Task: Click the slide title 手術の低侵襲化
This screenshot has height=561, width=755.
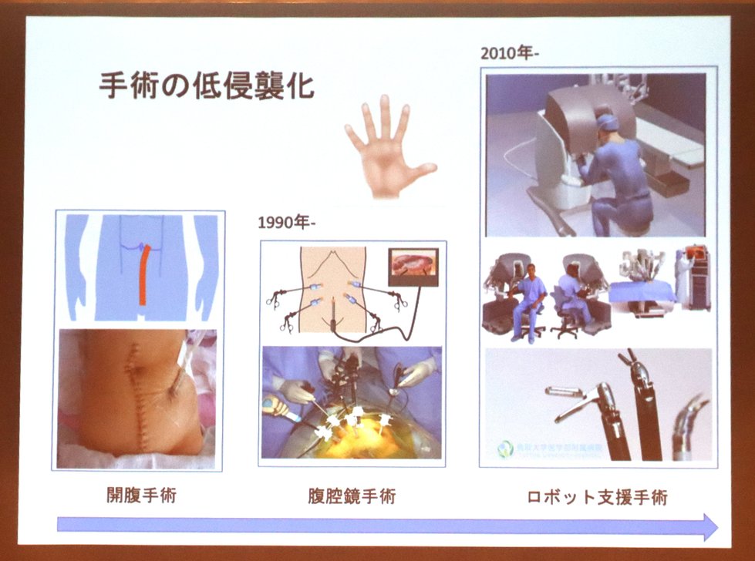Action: click(206, 86)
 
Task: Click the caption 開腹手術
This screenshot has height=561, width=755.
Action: click(141, 495)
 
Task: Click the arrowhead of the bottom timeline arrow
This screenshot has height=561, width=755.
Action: click(708, 527)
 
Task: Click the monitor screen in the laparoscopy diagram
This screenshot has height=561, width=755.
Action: click(413, 267)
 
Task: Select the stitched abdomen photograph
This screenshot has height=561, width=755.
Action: click(137, 397)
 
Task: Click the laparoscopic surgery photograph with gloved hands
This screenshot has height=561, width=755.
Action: click(351, 401)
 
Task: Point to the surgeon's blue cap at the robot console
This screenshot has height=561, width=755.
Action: click(608, 123)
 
